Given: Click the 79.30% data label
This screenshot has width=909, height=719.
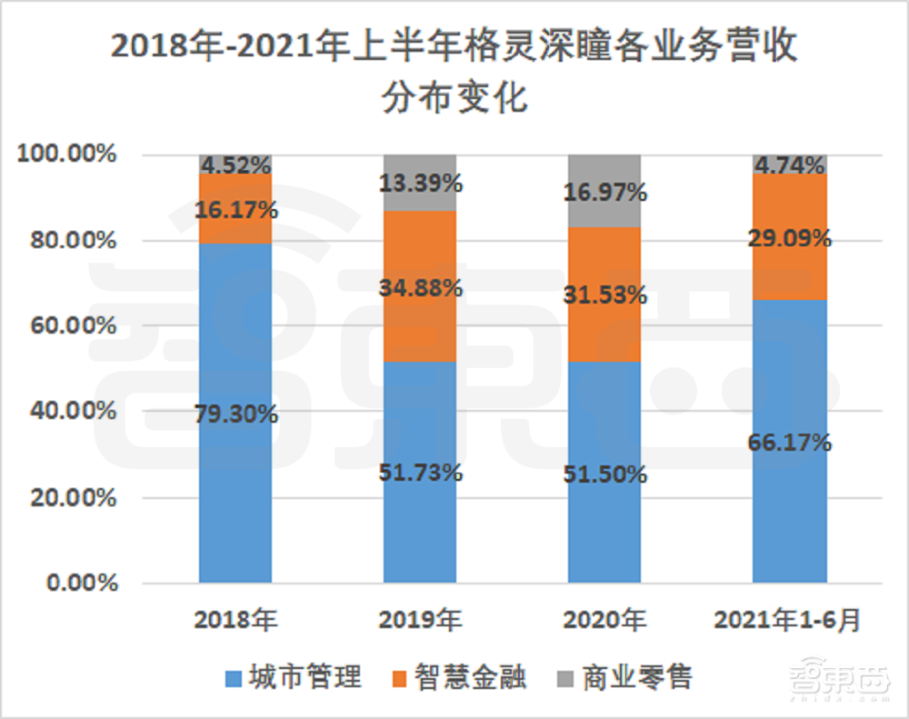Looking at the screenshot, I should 235,414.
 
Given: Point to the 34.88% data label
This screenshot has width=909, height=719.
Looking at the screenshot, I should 421,289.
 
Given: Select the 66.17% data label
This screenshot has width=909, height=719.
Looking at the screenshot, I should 790,444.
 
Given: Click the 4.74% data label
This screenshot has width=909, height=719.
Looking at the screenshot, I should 788,165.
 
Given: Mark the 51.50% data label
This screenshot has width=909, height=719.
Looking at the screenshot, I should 604,474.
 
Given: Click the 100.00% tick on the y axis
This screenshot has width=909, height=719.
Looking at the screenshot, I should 66,155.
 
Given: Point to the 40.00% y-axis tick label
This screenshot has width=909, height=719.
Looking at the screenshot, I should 72,412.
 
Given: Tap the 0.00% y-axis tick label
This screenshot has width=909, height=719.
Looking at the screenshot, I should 77,584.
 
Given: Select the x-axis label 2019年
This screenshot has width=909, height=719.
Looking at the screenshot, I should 420,621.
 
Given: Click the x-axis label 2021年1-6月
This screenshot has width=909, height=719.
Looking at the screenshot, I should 787,621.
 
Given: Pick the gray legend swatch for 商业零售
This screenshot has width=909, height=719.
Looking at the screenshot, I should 564,678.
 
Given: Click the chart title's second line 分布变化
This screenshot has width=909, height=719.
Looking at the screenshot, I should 455,97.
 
